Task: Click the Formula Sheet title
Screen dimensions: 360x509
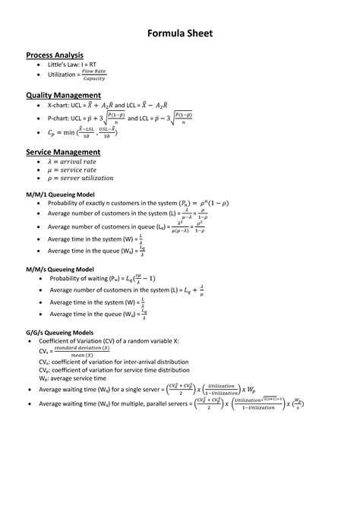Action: coord(179,34)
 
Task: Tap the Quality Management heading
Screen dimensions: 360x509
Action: coord(63,95)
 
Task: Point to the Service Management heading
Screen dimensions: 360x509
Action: coord(63,152)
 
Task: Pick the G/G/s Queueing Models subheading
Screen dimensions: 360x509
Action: coord(60,333)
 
